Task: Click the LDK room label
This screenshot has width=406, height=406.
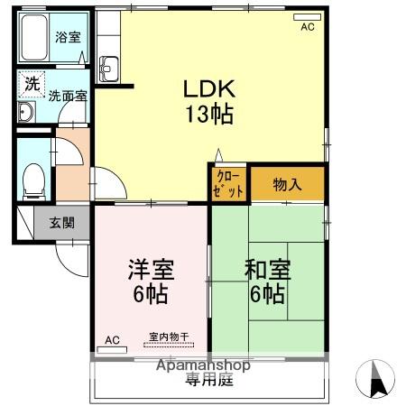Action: point(209,88)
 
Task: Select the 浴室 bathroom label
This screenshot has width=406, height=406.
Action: point(67,37)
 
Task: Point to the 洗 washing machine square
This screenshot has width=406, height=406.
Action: point(32,83)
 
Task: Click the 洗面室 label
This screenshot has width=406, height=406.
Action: point(68,94)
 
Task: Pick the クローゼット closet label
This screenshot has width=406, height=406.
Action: point(229,184)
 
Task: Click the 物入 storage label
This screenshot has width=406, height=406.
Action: point(287,185)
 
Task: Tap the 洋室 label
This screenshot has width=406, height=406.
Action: point(151,269)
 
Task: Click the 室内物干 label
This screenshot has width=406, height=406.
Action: point(169,337)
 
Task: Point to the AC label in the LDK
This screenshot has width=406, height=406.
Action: point(308,28)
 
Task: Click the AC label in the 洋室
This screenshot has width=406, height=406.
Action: point(112,339)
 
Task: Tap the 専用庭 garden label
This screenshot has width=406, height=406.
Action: point(209,380)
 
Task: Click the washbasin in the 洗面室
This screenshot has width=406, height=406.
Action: point(27,112)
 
